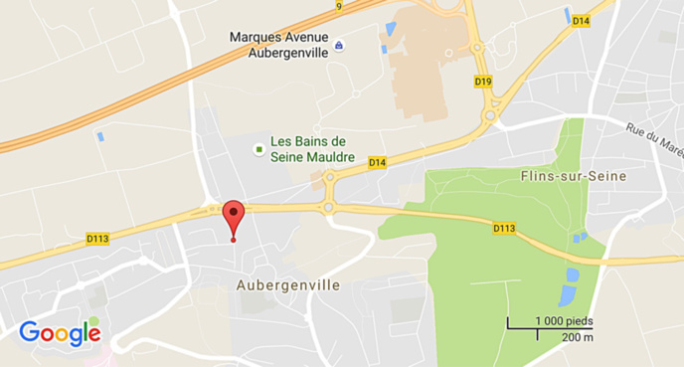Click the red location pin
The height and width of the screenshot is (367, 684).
pyautogui.click(x=233, y=216)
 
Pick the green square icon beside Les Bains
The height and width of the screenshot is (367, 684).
pyautogui.click(x=259, y=149)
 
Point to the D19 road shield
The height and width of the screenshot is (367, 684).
pyautogui.click(x=483, y=81)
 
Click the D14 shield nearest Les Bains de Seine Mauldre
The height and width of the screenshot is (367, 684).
pyautogui.click(x=377, y=162)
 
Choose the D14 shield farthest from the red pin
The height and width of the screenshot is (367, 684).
pyautogui.click(x=581, y=21)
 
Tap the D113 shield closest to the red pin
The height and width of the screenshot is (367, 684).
pyautogui.click(x=97, y=238)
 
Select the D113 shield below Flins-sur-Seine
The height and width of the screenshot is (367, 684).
pyautogui.click(x=504, y=229)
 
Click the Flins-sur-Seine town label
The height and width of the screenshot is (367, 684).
pyautogui.click(x=564, y=176)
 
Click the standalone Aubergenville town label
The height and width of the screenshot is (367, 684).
pyautogui.click(x=288, y=284)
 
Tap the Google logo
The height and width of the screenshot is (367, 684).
pyautogui.click(x=60, y=333)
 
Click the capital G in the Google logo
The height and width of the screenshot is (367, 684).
pyautogui.click(x=30, y=332)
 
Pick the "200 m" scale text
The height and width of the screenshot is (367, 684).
pyautogui.click(x=577, y=337)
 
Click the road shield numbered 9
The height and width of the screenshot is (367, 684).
pyautogui.click(x=338, y=6)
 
